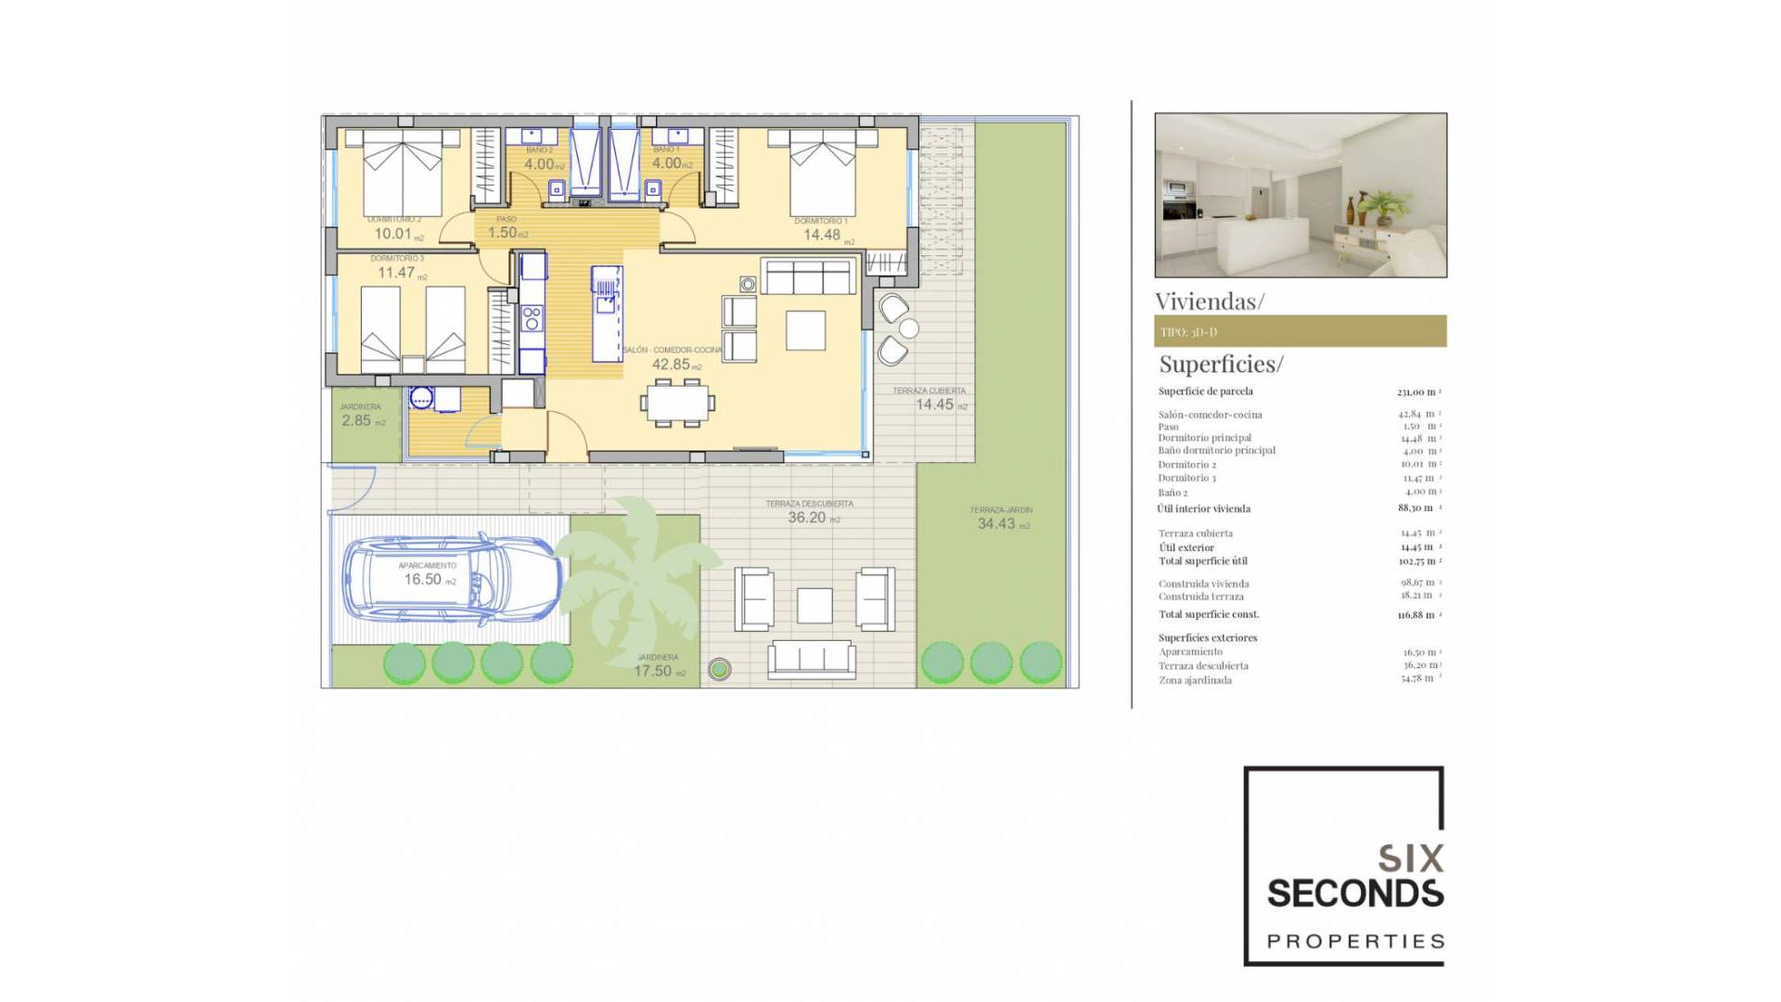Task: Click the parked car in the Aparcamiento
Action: click(452, 577)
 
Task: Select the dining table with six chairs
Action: click(677, 402)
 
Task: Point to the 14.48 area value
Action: click(822, 235)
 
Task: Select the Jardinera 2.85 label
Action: click(360, 419)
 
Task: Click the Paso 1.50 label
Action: click(506, 232)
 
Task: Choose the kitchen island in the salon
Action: click(607, 315)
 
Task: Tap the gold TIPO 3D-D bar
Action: click(1300, 331)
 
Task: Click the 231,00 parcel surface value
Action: click(1416, 392)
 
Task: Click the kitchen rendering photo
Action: click(1300, 195)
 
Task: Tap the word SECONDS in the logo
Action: click(1354, 893)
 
